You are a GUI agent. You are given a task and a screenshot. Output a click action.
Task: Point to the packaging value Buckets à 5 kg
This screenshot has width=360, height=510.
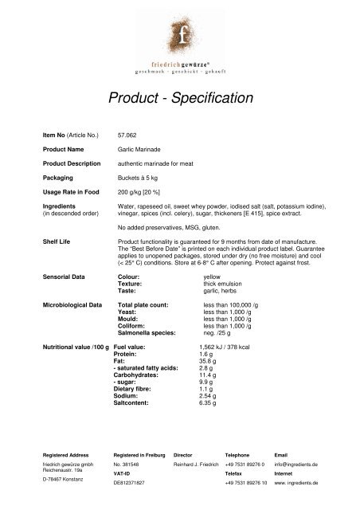140,178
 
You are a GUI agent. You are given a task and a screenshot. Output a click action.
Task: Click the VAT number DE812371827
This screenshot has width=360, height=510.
133,483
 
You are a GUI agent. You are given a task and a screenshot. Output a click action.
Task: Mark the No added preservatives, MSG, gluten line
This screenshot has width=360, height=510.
170,223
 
